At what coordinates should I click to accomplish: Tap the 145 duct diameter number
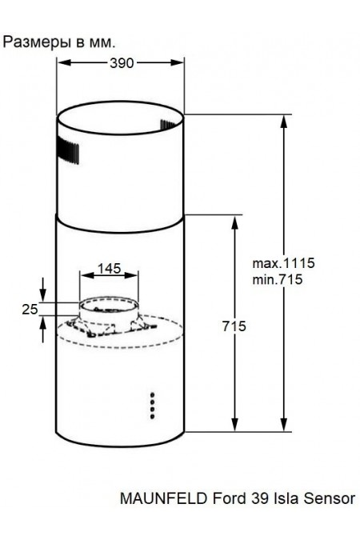coord(110,269)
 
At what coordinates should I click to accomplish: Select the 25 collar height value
coord(30,310)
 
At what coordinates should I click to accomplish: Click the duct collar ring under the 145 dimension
coord(110,306)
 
